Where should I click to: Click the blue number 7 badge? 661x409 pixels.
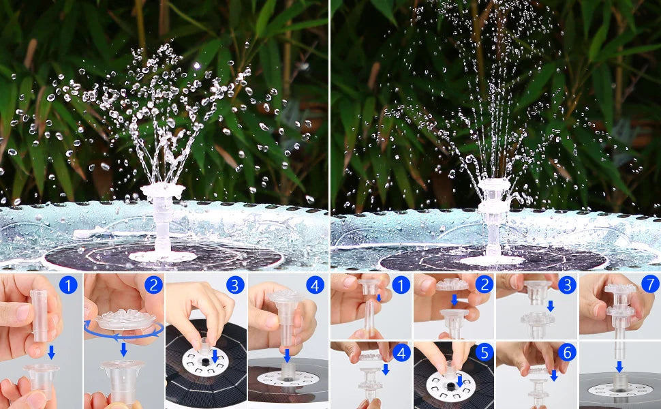[650, 284]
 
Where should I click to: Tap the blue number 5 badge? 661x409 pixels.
[484, 352]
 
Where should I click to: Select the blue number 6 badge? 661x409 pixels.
[567, 352]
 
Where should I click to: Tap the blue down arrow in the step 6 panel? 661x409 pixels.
[553, 375]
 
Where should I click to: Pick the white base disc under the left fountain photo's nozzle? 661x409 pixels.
[162, 256]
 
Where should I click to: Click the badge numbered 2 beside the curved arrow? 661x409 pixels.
[153, 285]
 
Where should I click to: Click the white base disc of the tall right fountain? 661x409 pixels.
[491, 260]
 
